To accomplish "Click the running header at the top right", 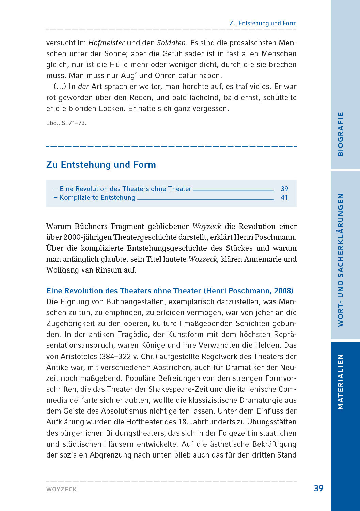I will [x=263, y=23].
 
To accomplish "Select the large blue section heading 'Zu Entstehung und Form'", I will [x=101, y=165].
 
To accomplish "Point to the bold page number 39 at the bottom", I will [x=318, y=488].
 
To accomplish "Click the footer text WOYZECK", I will [x=62, y=489].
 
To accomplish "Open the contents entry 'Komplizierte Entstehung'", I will [x=97, y=197].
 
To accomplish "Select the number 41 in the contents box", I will [x=284, y=197].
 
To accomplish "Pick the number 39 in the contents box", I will [x=284, y=189].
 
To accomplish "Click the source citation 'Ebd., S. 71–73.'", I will [x=66, y=123].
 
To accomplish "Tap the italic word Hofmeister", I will [x=106, y=43].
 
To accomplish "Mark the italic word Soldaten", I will [x=171, y=43].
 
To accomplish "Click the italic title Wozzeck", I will [x=203, y=259].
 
